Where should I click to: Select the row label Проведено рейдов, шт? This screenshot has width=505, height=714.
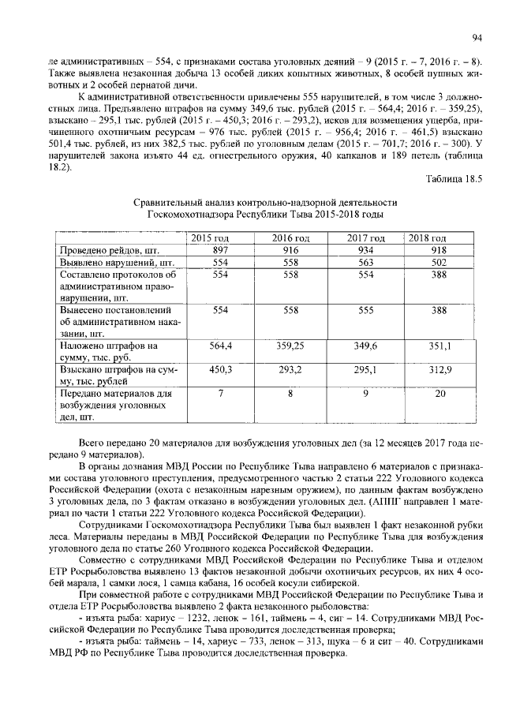(x=105, y=250)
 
